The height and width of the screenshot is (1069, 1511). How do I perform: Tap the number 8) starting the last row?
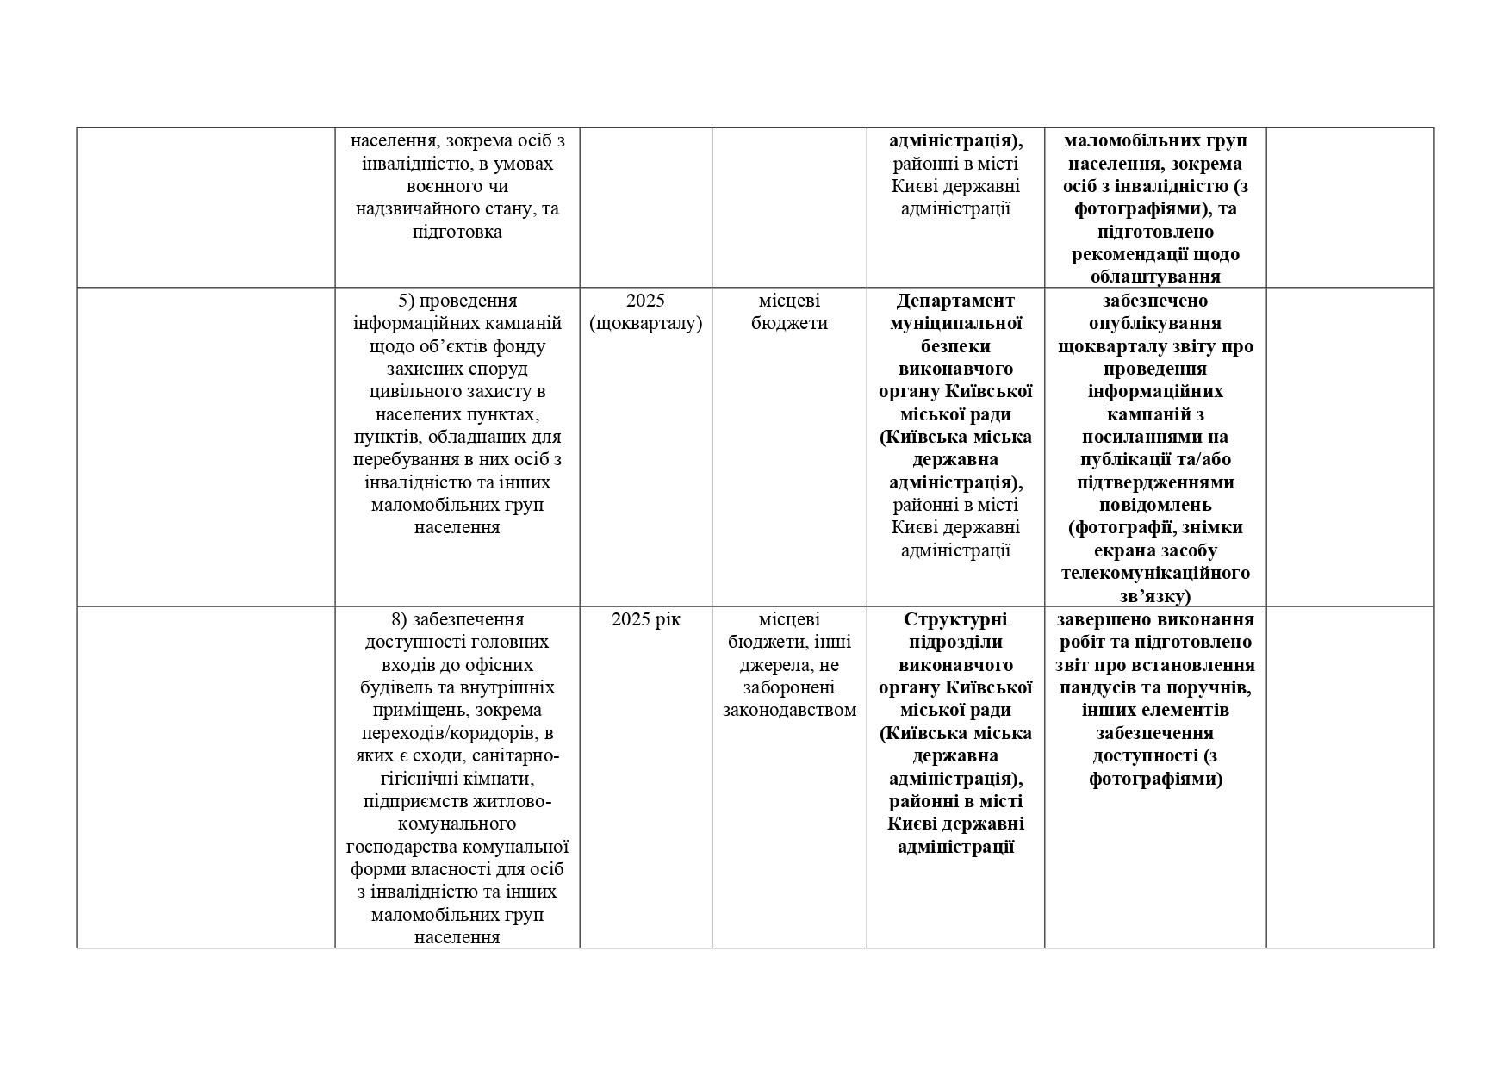tap(399, 619)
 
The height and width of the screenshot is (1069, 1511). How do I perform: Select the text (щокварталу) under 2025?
tap(645, 324)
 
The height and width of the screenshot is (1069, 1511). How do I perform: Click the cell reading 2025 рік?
tap(645, 619)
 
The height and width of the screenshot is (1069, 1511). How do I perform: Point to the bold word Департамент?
tap(955, 301)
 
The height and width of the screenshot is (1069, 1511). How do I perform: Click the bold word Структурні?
tap(955, 619)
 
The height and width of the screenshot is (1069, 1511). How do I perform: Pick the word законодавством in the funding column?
tap(789, 711)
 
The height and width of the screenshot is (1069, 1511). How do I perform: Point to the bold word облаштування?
tap(1155, 277)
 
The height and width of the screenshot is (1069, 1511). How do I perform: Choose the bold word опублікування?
tap(1155, 324)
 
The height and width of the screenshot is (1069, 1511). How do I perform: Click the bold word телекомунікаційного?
tap(1155, 574)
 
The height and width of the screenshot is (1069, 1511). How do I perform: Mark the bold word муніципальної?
tap(955, 324)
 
